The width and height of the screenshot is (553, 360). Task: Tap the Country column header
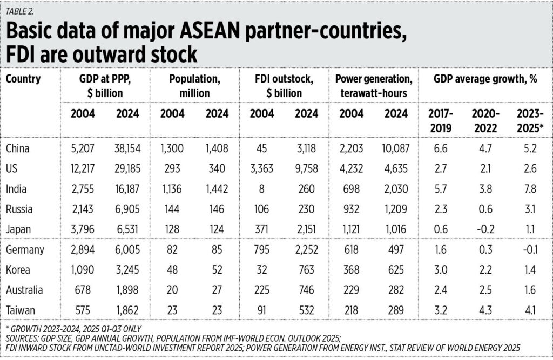(x=23, y=79)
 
